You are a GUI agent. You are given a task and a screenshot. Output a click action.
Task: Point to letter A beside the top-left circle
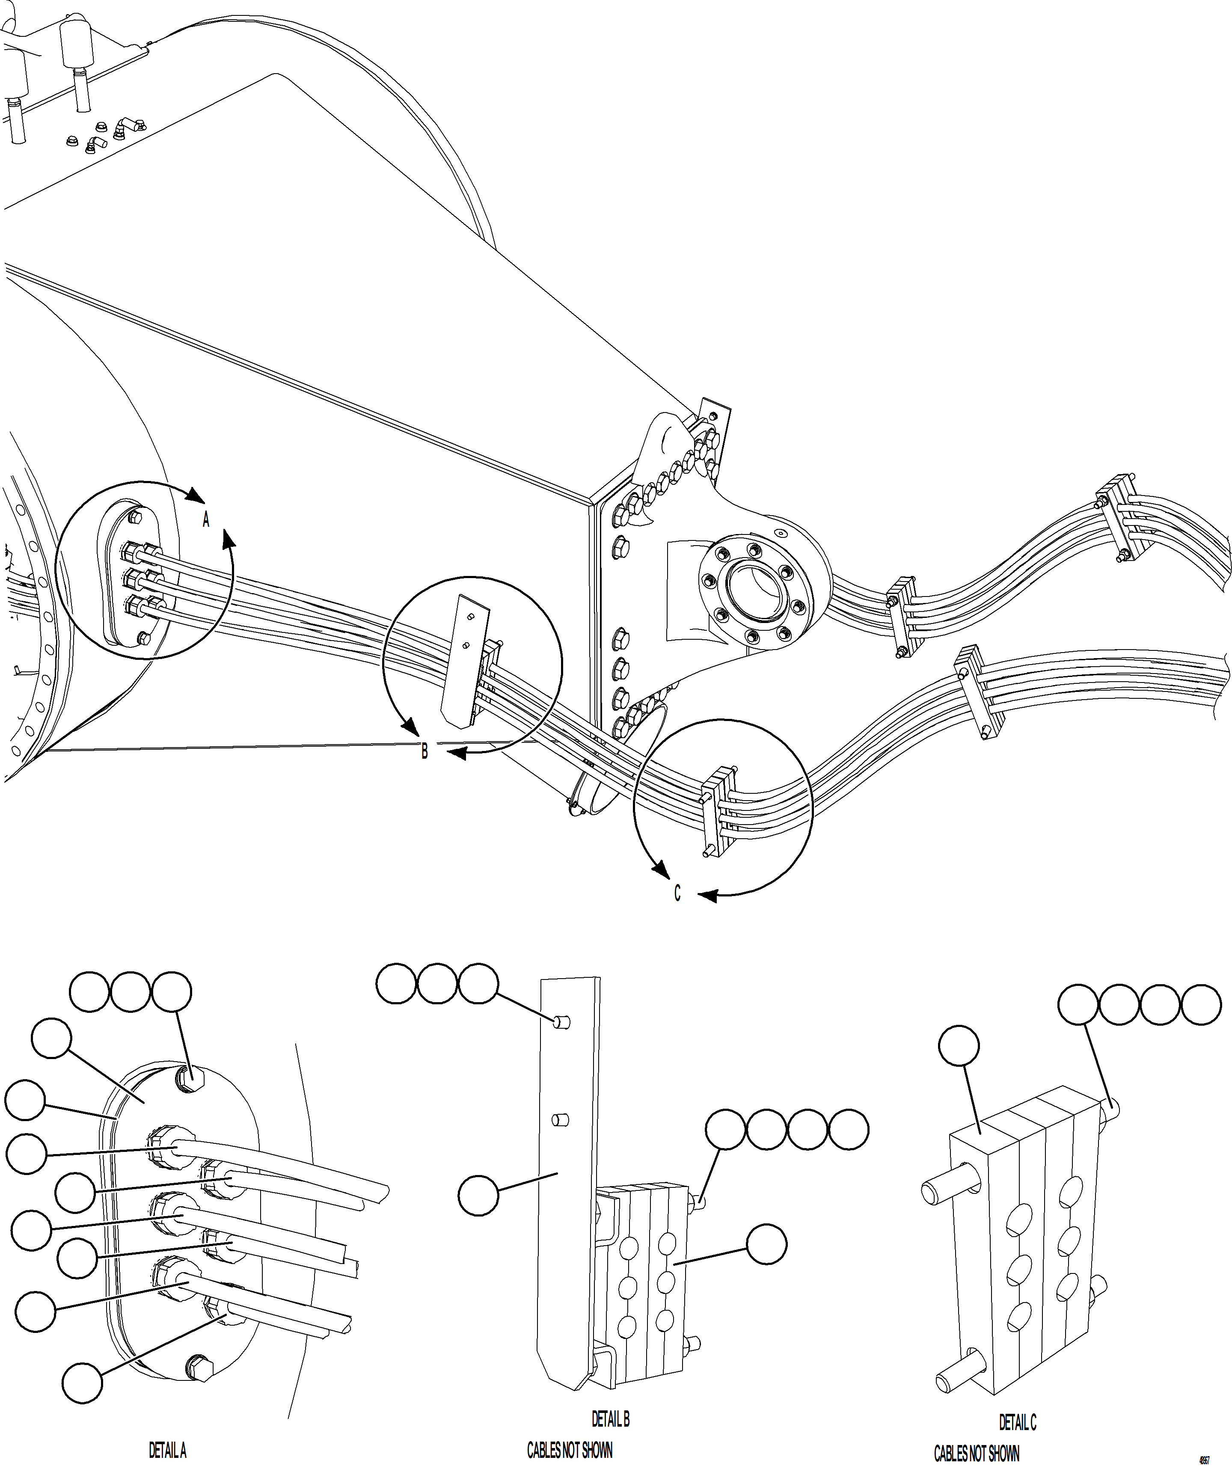(x=206, y=519)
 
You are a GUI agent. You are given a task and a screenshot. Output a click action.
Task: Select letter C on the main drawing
(x=677, y=894)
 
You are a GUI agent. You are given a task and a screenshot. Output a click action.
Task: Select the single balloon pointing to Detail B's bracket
(x=478, y=1196)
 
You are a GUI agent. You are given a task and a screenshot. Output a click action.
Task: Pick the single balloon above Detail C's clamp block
(x=959, y=1045)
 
